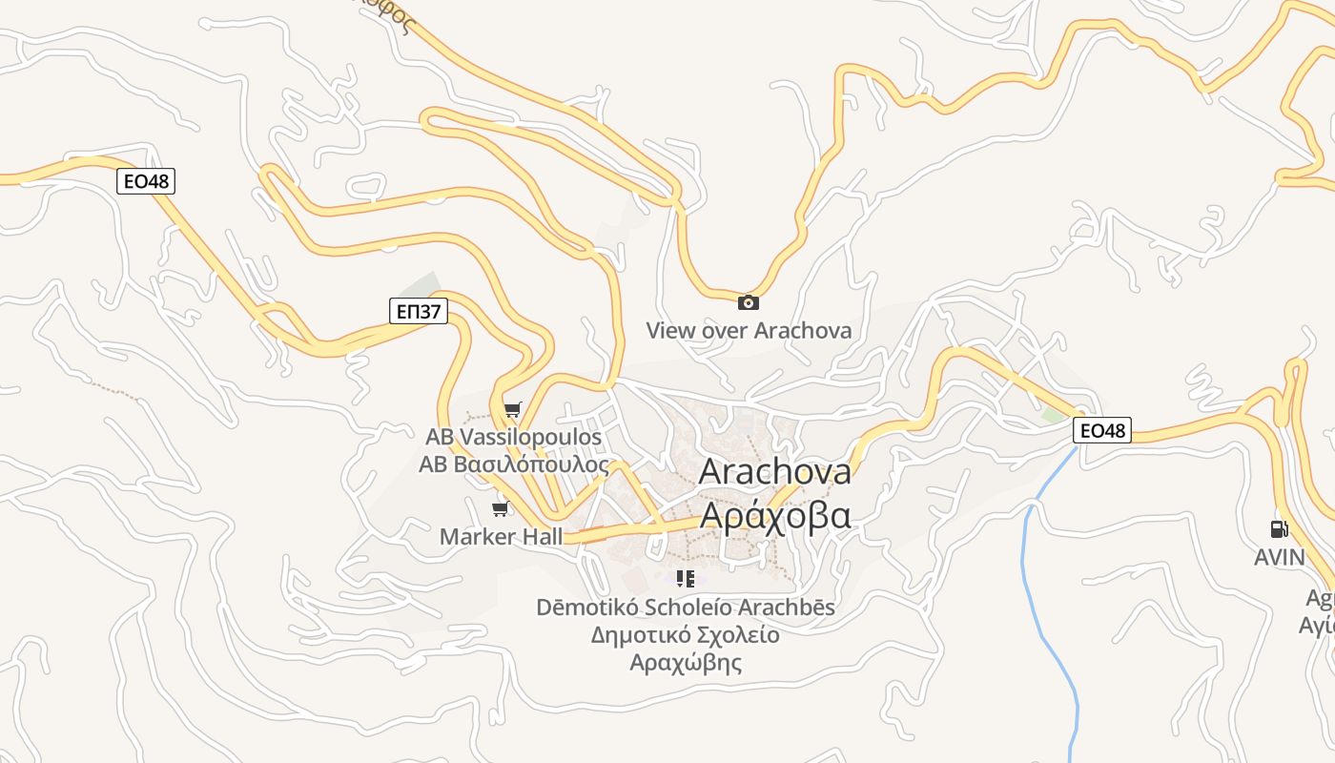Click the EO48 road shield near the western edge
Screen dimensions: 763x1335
click(146, 180)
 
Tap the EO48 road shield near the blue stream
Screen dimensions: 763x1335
click(1102, 431)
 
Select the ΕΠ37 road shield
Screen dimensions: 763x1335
click(419, 310)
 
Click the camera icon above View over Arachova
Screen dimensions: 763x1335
click(749, 302)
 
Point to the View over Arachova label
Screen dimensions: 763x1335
click(749, 331)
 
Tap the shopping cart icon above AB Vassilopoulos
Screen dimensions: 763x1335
click(513, 410)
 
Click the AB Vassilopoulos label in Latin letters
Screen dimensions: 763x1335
click(513, 437)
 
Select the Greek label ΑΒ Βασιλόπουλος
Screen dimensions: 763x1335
click(513, 464)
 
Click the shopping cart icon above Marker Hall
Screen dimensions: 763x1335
click(501, 509)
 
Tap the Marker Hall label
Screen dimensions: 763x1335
click(501, 537)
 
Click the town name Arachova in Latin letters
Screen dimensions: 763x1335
click(774, 471)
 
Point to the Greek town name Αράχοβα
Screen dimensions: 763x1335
click(774, 515)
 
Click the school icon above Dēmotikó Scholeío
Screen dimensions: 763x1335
click(685, 578)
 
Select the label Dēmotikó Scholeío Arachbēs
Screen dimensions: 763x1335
click(685, 608)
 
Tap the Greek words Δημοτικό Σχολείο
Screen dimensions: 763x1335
click(685, 635)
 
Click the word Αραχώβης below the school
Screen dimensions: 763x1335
click(685, 663)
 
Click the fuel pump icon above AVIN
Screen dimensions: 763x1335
click(1279, 529)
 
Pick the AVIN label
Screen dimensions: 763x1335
click(1279, 557)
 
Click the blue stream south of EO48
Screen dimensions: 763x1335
click(1025, 572)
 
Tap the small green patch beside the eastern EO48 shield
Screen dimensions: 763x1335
click(1053, 416)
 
